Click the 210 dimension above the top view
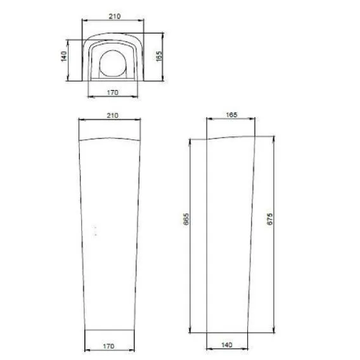(x=115, y=16)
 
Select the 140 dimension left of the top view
(x=64, y=56)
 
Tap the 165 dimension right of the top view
(x=159, y=56)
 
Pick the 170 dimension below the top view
(x=113, y=93)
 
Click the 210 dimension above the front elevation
(x=113, y=115)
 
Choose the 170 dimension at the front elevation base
(x=108, y=346)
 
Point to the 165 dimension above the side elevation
(x=231, y=115)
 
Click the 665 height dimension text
(x=186, y=219)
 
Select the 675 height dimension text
(x=270, y=219)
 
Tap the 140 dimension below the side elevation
(x=227, y=345)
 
